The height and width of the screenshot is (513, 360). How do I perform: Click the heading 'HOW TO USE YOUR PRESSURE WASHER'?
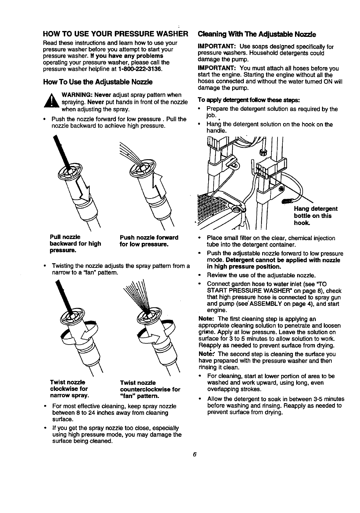115,33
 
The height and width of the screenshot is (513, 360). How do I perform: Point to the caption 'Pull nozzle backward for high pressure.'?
75,244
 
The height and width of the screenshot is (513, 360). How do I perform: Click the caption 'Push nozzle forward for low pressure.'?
148,241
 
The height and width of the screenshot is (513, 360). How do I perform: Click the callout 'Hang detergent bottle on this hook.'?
316,216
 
